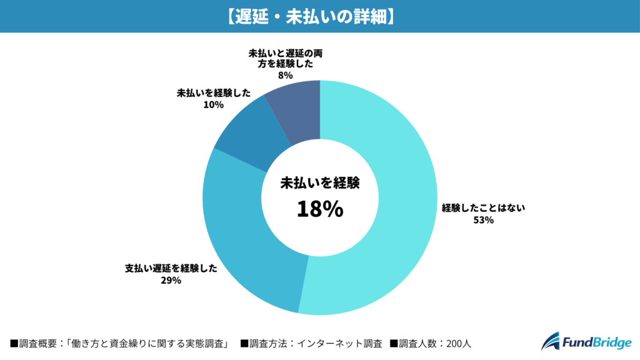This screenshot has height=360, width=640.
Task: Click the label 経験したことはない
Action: (x=484, y=207)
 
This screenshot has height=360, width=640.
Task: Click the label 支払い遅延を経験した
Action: (x=171, y=268)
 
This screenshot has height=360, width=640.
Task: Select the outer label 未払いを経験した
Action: (x=213, y=92)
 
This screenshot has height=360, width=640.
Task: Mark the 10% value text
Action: (x=213, y=105)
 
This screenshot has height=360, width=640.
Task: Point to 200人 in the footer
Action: (x=463, y=343)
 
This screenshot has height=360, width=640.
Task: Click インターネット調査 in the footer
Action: (x=337, y=343)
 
